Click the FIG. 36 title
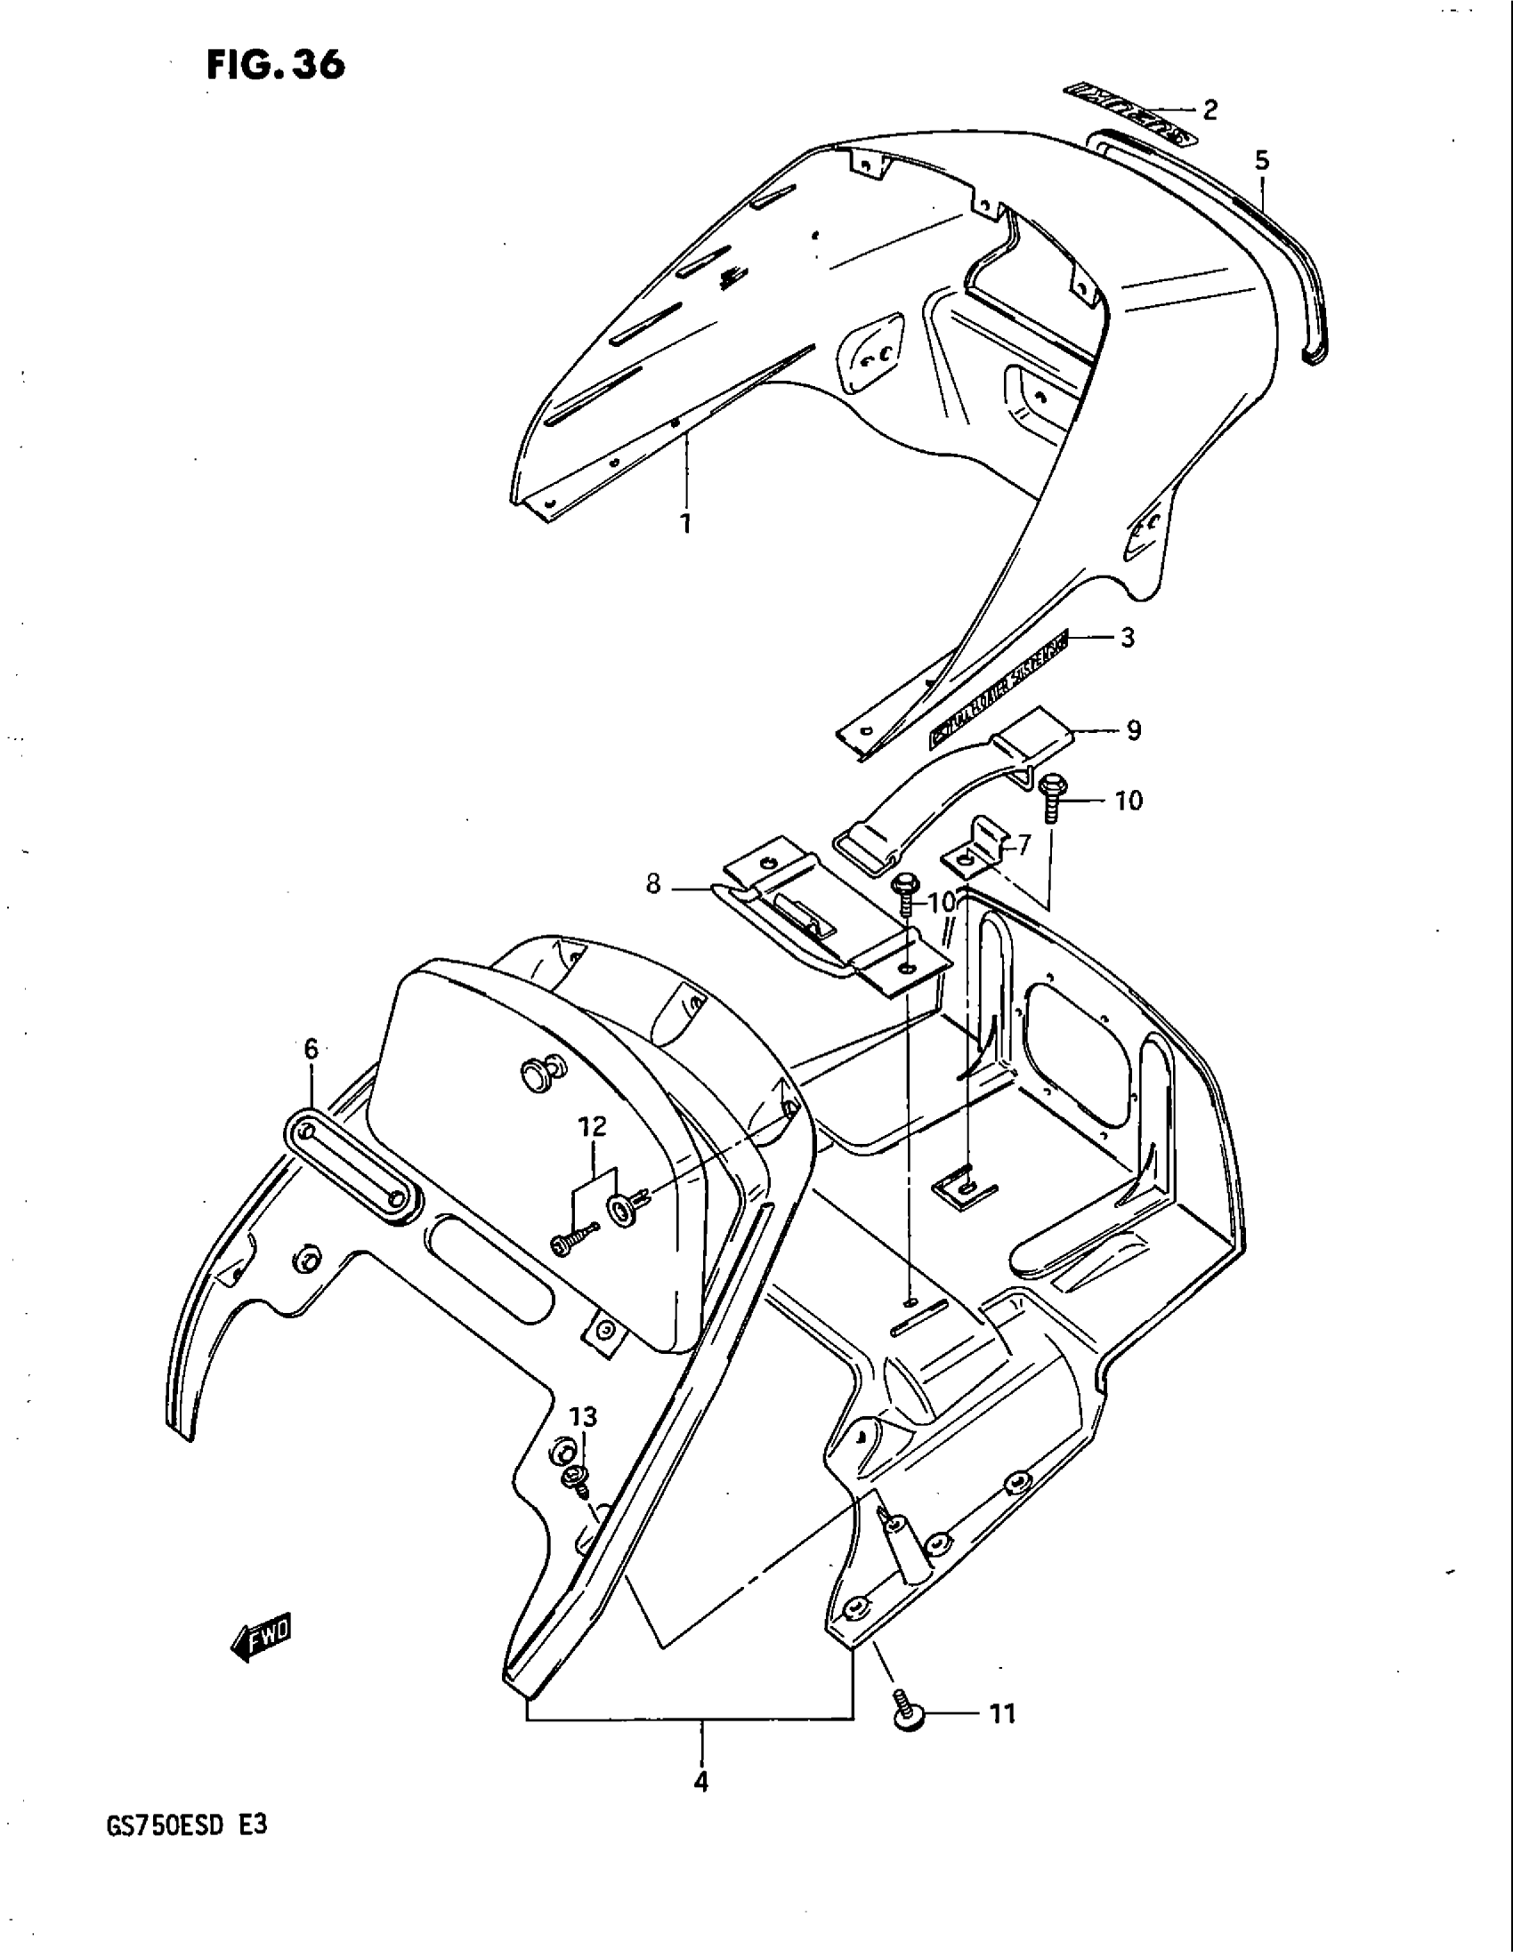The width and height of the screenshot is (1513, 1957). pyautogui.click(x=275, y=65)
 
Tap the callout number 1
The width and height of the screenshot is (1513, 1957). pyautogui.click(x=685, y=522)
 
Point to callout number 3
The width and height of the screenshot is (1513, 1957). pyautogui.click(x=1127, y=638)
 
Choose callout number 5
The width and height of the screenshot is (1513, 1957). pyautogui.click(x=1262, y=161)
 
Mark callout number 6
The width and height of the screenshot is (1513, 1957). pyautogui.click(x=311, y=1049)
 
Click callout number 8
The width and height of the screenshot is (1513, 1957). pyautogui.click(x=653, y=885)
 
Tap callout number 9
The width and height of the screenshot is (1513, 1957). pyautogui.click(x=1133, y=730)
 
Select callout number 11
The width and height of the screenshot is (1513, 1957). pyautogui.click(x=1002, y=1714)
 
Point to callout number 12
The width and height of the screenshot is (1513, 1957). pyautogui.click(x=593, y=1126)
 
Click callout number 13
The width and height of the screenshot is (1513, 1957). pyautogui.click(x=583, y=1417)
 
